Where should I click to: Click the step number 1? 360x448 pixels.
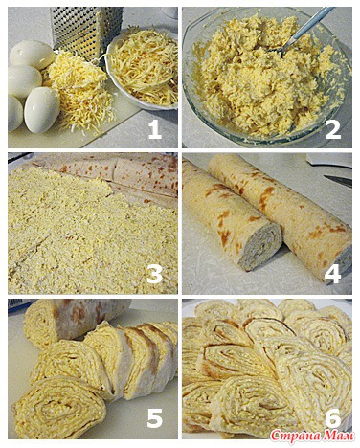[x=155, y=130]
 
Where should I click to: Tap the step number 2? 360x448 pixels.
[x=333, y=130]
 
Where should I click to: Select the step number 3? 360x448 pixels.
[x=154, y=274]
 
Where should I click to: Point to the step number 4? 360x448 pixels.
[x=332, y=274]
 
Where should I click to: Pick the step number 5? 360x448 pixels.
[x=154, y=417]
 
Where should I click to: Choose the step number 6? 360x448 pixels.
[x=332, y=417]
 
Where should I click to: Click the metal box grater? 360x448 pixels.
[x=85, y=32]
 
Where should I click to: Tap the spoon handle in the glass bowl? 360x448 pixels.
[x=306, y=27]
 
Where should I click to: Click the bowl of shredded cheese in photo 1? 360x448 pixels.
[x=142, y=70]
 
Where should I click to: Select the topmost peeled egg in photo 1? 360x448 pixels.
[x=32, y=55]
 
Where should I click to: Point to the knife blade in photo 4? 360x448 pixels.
[x=340, y=181]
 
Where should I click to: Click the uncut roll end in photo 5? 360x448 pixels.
[x=41, y=323]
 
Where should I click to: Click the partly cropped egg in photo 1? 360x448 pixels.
[x=14, y=113]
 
